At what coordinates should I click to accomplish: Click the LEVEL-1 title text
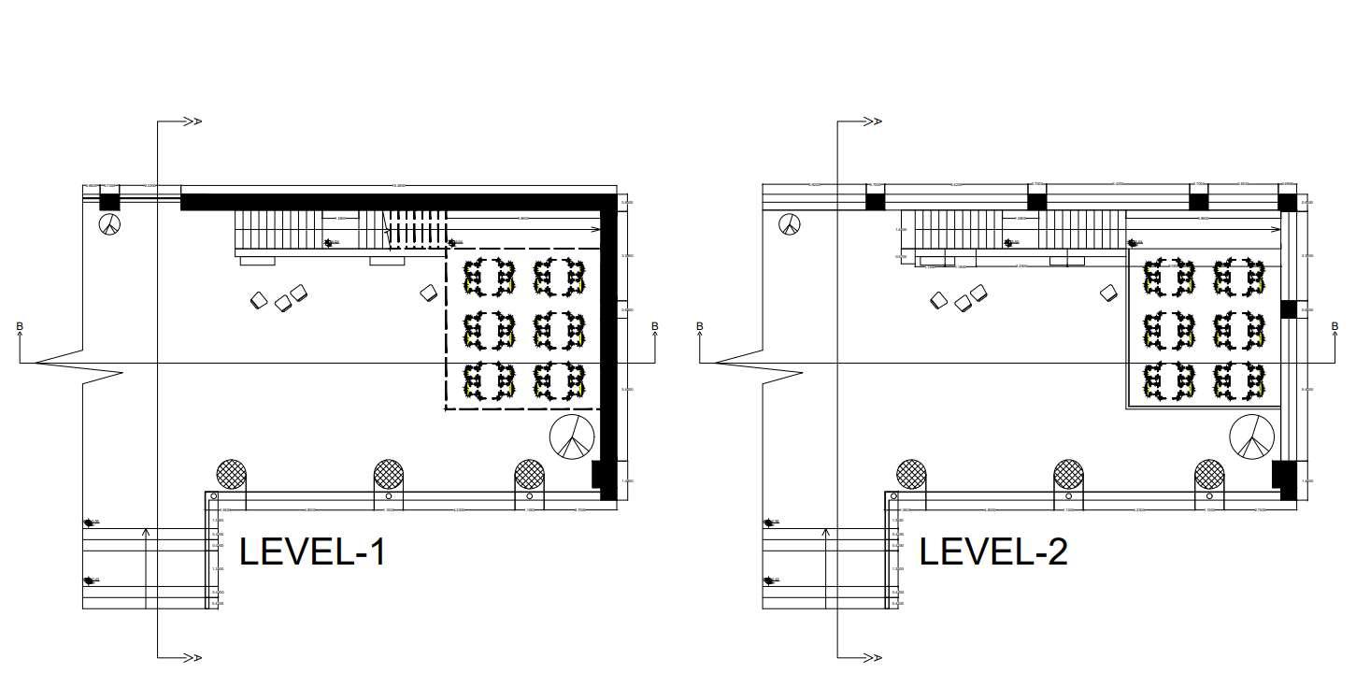(x=312, y=551)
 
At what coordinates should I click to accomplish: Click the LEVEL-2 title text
(x=992, y=551)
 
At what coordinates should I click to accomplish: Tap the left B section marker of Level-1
(x=20, y=327)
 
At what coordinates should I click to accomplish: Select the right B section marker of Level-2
(x=1334, y=327)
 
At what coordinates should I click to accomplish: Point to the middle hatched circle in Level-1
(x=389, y=474)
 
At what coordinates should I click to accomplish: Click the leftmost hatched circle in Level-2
(x=911, y=474)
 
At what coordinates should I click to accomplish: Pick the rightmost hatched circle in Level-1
(x=530, y=474)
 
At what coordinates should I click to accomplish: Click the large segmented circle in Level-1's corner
(x=572, y=437)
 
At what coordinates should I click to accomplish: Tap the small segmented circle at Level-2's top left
(x=790, y=223)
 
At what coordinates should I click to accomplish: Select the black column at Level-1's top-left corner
(x=110, y=201)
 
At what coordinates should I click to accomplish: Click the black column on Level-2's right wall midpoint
(x=1288, y=309)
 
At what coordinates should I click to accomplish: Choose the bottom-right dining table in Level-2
(x=1238, y=382)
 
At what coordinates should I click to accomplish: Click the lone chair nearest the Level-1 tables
(x=429, y=293)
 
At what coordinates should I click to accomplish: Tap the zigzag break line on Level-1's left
(x=80, y=364)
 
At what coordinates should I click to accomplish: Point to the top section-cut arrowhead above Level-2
(x=872, y=122)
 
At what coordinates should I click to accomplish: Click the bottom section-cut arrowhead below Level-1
(x=192, y=658)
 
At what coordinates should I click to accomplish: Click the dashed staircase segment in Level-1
(x=417, y=229)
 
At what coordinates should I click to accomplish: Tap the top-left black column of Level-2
(x=875, y=201)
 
